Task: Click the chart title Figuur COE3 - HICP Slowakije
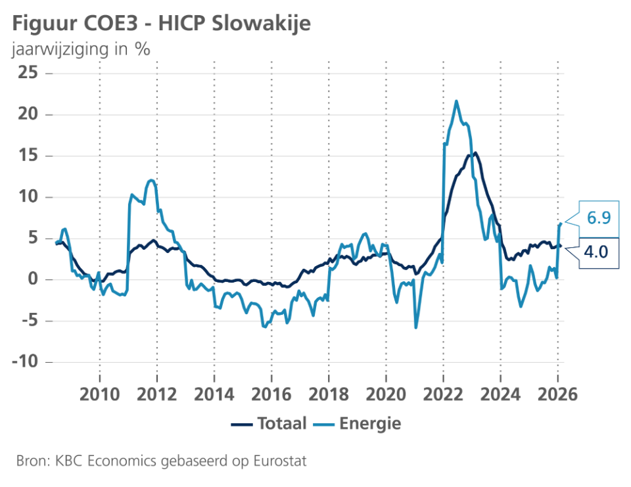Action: [x=162, y=24]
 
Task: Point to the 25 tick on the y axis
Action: [x=27, y=73]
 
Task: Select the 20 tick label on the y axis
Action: [x=27, y=114]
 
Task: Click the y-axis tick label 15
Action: [x=27, y=156]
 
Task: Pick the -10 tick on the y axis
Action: [x=24, y=362]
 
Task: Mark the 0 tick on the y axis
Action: [x=32, y=279]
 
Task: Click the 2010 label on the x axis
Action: [x=99, y=395]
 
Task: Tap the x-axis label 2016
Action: [x=271, y=395]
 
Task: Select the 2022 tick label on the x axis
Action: [x=443, y=395]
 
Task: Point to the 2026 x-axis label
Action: [x=557, y=395]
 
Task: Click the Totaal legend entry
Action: [x=269, y=424]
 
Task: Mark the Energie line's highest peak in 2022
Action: [x=456, y=101]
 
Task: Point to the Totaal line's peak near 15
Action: [x=475, y=153]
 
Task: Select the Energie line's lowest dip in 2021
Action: [x=415, y=327]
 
